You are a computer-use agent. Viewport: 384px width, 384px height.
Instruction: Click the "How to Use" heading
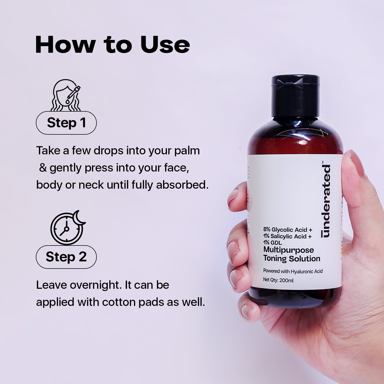click(112, 45)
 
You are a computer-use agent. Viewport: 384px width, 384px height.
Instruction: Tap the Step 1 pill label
click(66, 123)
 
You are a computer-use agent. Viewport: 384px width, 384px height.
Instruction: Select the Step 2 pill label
click(66, 257)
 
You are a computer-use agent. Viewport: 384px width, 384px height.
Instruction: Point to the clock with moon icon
click(67, 227)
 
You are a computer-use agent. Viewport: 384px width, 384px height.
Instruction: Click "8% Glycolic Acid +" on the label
click(288, 230)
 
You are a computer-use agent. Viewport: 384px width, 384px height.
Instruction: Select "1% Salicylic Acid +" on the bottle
click(287, 236)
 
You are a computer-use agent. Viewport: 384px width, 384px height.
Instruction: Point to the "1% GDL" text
click(272, 243)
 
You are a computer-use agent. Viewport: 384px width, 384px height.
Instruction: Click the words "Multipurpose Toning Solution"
click(291, 254)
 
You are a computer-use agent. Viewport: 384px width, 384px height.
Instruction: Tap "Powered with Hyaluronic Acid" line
click(293, 271)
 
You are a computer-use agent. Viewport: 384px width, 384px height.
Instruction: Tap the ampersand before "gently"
click(43, 168)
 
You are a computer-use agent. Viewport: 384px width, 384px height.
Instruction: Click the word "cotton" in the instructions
click(119, 302)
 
